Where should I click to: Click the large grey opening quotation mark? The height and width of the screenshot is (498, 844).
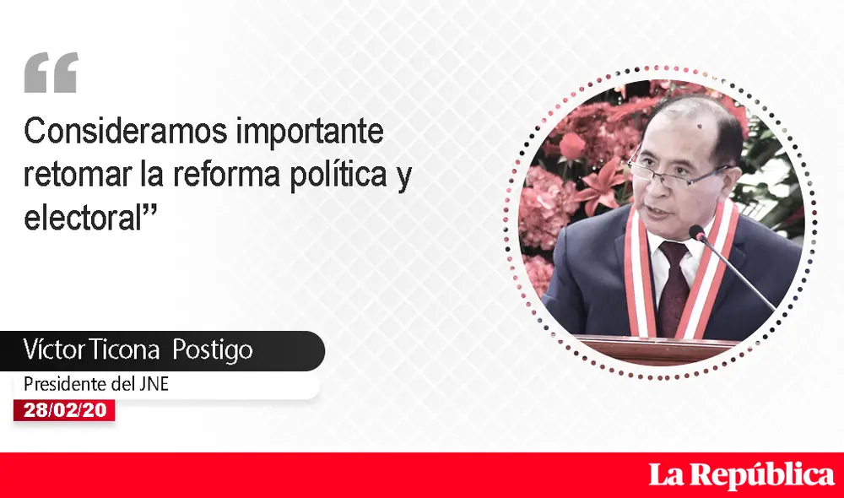[51, 73]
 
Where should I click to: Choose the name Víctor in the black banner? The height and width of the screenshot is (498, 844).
[51, 350]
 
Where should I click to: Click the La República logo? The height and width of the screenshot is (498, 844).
[741, 475]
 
